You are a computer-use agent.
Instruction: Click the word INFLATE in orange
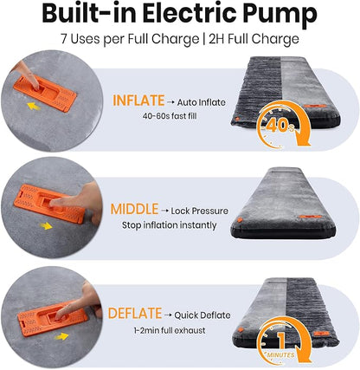tap(138, 101)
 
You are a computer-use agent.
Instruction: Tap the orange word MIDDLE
tap(134, 209)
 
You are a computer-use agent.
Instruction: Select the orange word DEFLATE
tap(135, 314)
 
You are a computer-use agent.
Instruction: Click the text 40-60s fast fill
tap(170, 116)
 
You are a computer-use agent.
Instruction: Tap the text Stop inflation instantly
tap(170, 225)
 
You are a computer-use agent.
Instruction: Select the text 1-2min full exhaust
tap(170, 330)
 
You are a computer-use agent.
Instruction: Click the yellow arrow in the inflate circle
tap(34, 107)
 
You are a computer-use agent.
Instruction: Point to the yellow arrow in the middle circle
tap(46, 226)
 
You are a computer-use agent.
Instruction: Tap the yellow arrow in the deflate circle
tap(61, 336)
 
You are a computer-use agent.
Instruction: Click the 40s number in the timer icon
tap(280, 127)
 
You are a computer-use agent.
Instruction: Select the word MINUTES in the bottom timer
tap(280, 354)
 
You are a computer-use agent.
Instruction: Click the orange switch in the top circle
tap(45, 93)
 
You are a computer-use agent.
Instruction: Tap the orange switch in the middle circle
tap(49, 204)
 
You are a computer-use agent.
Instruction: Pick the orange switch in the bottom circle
tap(52, 319)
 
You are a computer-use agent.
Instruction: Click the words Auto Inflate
tap(202, 102)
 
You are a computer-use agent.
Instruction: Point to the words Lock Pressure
tap(199, 211)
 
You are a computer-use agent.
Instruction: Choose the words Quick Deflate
tap(202, 315)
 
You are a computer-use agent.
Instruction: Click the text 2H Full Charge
tap(254, 39)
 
